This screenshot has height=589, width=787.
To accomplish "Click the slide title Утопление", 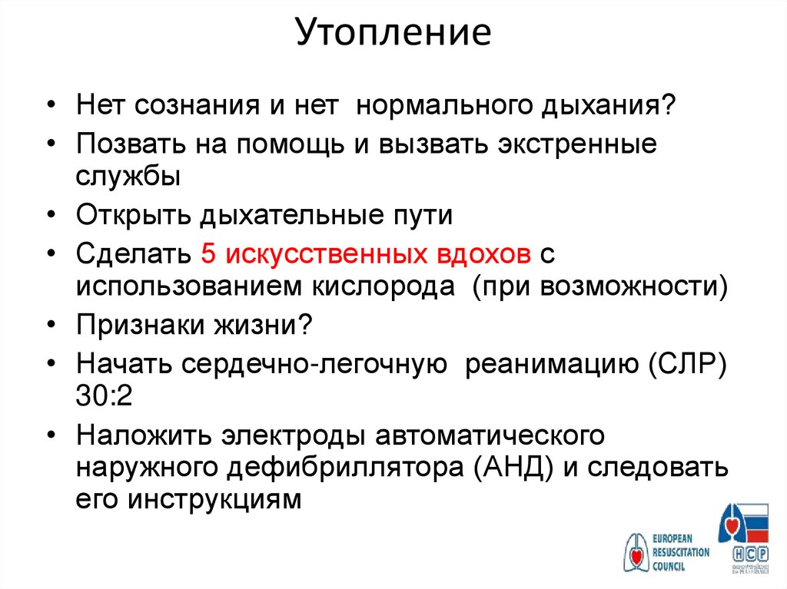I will point(393,34).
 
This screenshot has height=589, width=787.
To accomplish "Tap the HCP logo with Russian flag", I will point(743,538).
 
